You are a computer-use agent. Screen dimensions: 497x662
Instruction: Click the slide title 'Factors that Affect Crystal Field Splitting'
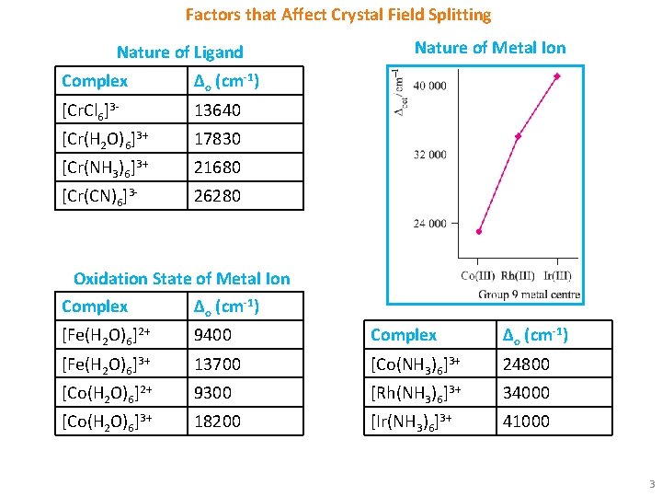[338, 15]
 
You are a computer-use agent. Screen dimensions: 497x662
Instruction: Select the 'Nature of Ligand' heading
[180, 52]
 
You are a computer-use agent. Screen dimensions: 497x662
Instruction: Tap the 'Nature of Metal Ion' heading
[490, 48]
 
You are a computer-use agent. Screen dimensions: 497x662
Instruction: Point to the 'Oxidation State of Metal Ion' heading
[181, 279]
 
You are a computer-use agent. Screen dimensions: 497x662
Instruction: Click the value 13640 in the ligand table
[217, 110]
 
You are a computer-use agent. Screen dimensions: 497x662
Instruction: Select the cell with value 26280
[217, 196]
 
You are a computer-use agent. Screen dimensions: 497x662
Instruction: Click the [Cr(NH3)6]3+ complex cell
[105, 168]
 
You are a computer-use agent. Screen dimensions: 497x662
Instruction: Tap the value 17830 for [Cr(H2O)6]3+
[217, 139]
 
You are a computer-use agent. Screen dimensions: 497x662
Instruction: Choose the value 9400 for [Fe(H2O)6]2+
[213, 335]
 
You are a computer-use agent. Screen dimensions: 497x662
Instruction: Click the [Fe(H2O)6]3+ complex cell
[105, 364]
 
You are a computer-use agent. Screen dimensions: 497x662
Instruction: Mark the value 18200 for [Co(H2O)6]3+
[217, 422]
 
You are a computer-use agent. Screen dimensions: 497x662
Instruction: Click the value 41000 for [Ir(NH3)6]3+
[526, 422]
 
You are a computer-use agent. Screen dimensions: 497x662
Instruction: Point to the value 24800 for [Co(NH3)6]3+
[526, 364]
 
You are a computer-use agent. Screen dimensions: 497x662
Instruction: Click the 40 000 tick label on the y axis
[429, 86]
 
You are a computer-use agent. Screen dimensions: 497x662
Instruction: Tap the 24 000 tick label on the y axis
[429, 223]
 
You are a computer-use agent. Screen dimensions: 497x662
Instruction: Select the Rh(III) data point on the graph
[518, 136]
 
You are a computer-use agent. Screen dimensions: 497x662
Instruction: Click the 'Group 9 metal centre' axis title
[528, 295]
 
